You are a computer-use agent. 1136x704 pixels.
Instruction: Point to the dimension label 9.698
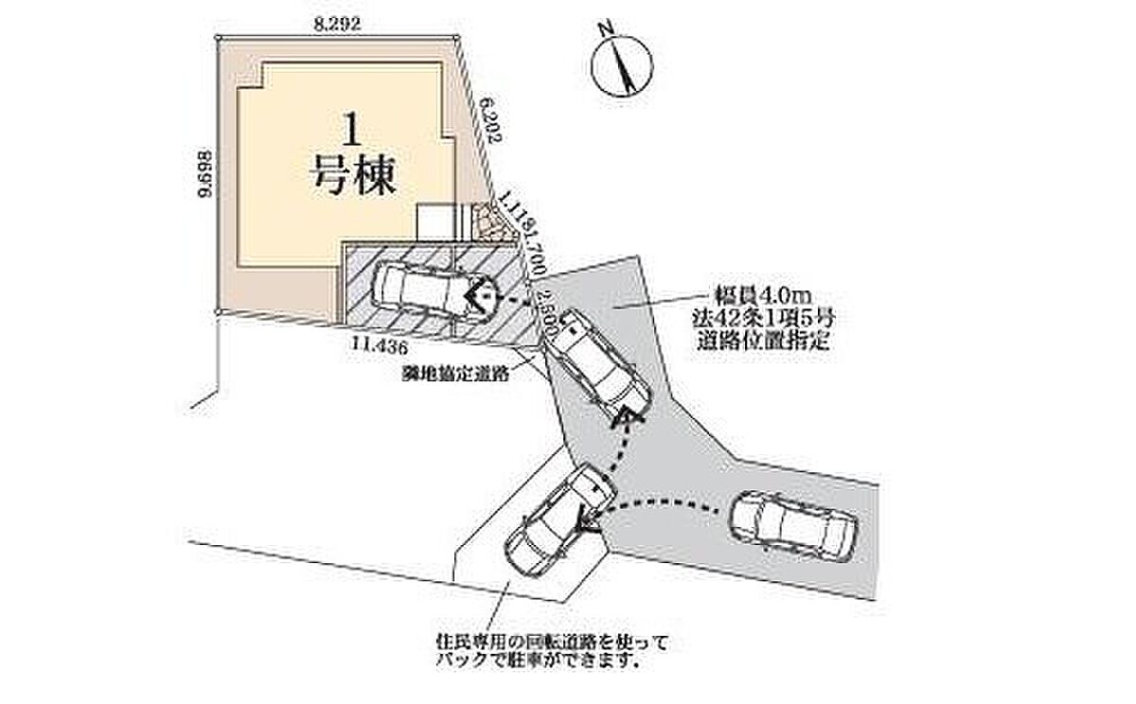pyautogui.click(x=204, y=173)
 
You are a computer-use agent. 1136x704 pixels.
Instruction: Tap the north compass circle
pyautogui.click(x=620, y=67)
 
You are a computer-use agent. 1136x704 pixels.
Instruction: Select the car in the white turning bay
pyautogui.click(x=555, y=520)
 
